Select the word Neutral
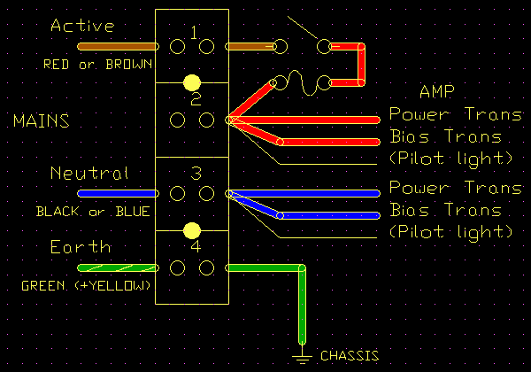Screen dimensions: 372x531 click(x=89, y=173)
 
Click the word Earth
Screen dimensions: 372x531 click(x=81, y=246)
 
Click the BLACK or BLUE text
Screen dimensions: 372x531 click(x=92, y=213)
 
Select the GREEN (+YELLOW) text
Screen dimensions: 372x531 click(x=86, y=287)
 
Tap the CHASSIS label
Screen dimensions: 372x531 click(x=348, y=356)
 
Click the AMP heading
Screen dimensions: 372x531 click(x=436, y=91)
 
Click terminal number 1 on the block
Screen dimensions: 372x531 click(x=196, y=33)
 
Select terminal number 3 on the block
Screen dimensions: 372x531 click(x=196, y=173)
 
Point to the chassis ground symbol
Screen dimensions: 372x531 click(x=304, y=356)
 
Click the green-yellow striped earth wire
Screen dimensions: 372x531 click(x=115, y=267)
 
